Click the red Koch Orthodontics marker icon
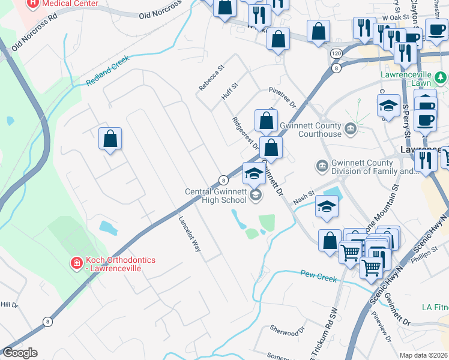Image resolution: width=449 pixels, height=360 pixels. point(76,263)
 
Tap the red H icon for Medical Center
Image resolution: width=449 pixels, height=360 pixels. point(32,4)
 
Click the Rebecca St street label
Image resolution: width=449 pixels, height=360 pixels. point(211,78)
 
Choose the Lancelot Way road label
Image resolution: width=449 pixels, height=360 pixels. point(188,233)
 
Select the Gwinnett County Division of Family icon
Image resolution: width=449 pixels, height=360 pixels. point(322,166)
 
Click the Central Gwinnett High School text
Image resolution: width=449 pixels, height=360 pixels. point(215,196)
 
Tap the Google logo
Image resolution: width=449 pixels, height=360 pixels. point(20,353)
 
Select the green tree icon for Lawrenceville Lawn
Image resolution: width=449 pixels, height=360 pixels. point(441,77)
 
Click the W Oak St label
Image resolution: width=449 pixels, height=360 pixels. point(399,17)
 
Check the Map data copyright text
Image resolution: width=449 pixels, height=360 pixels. point(424,355)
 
